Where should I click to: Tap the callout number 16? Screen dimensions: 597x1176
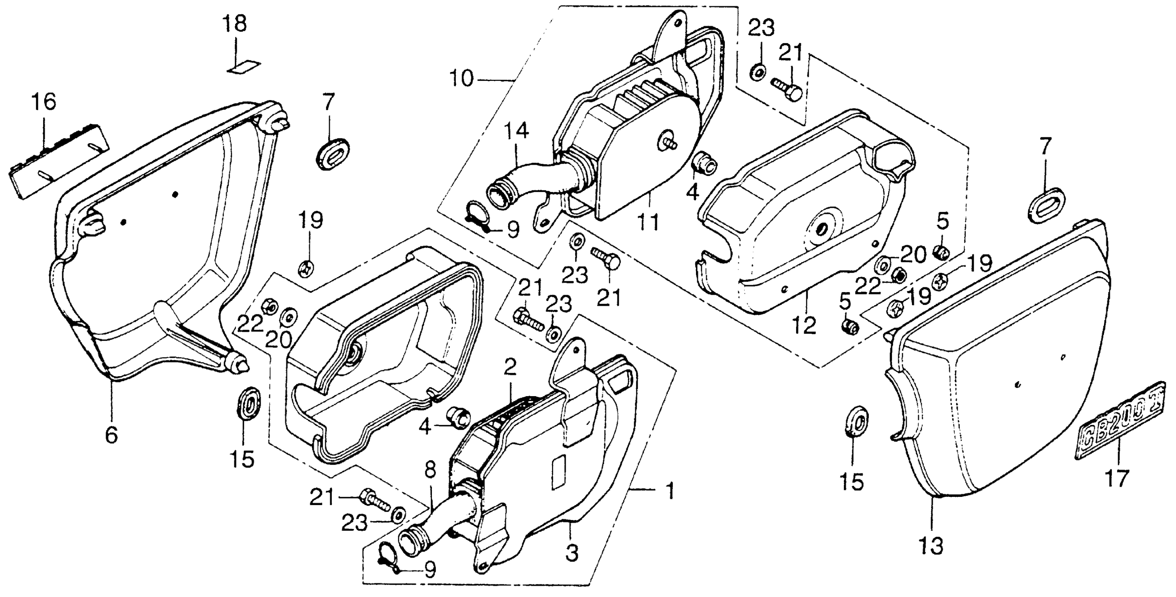(x=44, y=103)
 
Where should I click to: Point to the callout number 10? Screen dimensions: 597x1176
(x=461, y=79)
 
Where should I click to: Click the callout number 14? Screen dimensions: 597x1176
(x=516, y=131)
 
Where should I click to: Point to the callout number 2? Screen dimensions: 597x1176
(x=510, y=366)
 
